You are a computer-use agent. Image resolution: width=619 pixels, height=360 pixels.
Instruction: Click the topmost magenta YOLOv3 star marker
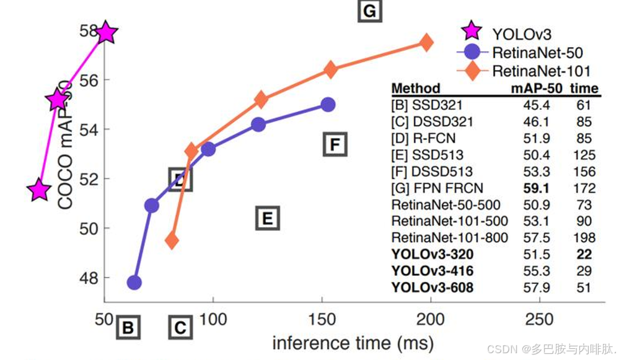pyautogui.click(x=107, y=32)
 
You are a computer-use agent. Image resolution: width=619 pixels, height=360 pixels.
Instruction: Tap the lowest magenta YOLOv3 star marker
pyautogui.click(x=39, y=190)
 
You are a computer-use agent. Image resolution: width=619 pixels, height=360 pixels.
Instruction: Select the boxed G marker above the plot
pyautogui.click(x=370, y=11)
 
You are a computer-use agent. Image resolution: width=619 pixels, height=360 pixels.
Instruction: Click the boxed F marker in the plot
pyautogui.click(x=335, y=145)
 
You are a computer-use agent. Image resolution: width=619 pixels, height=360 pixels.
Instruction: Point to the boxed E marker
pyautogui.click(x=268, y=218)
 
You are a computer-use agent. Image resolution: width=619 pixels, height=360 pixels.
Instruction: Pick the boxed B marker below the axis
pyautogui.click(x=128, y=327)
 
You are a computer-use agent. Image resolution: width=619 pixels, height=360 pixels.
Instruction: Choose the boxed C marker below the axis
pyautogui.click(x=180, y=327)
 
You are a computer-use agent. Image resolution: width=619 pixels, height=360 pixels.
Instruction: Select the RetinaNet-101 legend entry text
pyautogui.click(x=541, y=71)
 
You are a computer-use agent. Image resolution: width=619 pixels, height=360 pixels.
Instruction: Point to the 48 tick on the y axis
pyautogui.click(x=90, y=278)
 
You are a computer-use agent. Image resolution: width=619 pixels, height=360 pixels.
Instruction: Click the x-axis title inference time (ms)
pyautogui.click(x=353, y=343)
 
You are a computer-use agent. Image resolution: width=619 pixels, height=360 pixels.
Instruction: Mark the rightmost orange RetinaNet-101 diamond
pyautogui.click(x=426, y=42)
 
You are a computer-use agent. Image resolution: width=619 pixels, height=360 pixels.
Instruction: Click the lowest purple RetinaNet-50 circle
pyautogui.click(x=134, y=283)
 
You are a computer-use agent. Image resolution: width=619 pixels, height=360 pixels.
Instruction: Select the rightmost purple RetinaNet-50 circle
pyautogui.click(x=328, y=105)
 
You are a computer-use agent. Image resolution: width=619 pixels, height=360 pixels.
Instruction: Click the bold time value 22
pyautogui.click(x=583, y=254)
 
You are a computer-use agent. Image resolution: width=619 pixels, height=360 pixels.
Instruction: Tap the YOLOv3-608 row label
pyautogui.click(x=432, y=288)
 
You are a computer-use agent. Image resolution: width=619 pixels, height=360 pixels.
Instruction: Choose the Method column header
pyautogui.click(x=416, y=88)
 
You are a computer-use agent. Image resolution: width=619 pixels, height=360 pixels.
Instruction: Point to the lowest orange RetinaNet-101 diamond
pyautogui.click(x=172, y=240)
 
